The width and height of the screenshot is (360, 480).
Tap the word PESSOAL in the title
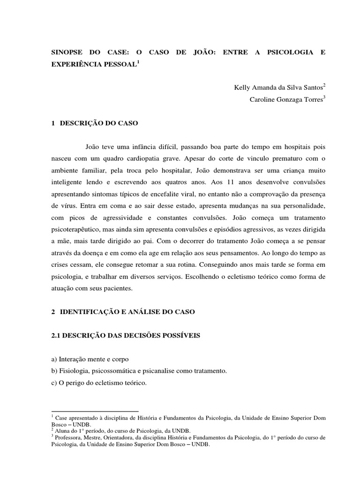tap(117, 64)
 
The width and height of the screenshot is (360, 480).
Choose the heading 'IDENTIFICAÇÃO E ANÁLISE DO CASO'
tap(131, 312)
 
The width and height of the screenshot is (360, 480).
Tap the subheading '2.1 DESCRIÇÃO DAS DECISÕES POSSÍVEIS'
tap(125, 335)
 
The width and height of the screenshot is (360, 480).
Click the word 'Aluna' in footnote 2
tap(62, 430)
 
